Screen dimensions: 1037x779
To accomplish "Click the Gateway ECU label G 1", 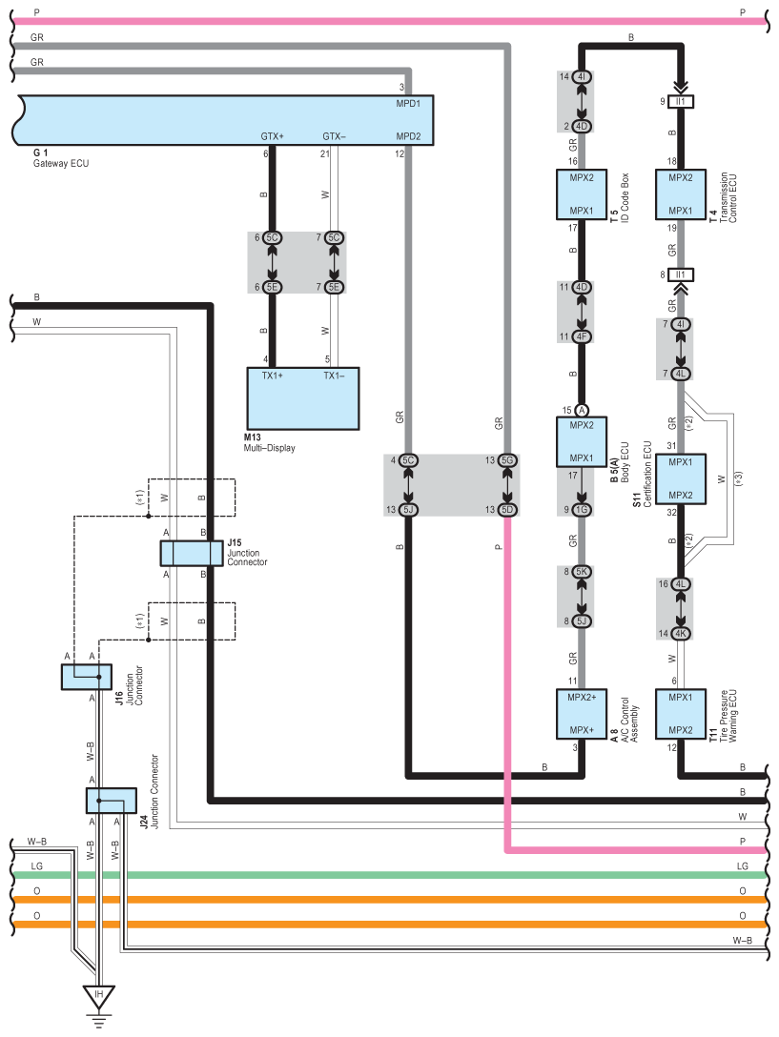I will (40, 152).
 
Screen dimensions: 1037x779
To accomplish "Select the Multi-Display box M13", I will (303, 398).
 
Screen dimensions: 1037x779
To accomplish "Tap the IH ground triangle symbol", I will (97, 997).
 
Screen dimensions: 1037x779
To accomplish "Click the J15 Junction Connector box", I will (191, 553).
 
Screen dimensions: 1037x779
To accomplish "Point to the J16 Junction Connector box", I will (87, 677).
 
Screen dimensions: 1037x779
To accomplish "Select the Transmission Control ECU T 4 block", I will (681, 194).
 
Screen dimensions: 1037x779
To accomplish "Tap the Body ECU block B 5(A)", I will (582, 441).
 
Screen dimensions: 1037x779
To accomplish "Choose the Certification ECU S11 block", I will (681, 478).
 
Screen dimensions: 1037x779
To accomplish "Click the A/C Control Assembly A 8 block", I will (582, 714).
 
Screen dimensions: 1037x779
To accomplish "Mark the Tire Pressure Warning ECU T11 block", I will (681, 714).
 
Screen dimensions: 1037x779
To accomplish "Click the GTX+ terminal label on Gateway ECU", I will (273, 136).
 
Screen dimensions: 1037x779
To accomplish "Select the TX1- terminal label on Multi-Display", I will (334, 376).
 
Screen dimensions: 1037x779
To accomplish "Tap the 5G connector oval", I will (508, 461).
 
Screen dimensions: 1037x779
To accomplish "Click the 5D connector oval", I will (508, 509).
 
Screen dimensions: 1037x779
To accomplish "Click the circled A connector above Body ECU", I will (582, 410).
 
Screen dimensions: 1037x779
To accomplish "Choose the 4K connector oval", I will (681, 633).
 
